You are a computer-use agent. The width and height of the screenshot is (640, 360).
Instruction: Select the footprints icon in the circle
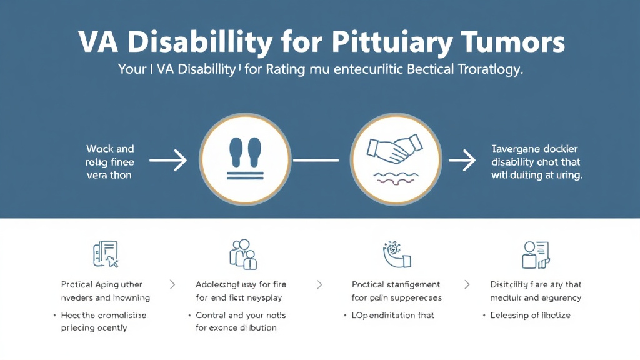(245, 153)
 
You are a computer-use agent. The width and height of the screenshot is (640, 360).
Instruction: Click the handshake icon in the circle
(396, 151)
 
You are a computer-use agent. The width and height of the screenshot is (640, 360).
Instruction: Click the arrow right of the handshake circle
(462, 162)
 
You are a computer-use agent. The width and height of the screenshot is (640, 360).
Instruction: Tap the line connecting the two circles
(316, 162)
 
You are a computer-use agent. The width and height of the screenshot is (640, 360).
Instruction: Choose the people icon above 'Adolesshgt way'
(243, 254)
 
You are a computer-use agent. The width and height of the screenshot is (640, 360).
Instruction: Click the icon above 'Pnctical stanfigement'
(396, 254)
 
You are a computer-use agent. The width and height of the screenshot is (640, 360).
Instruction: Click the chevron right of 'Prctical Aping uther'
(172, 284)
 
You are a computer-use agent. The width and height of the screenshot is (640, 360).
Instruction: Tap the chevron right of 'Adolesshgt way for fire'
(320, 284)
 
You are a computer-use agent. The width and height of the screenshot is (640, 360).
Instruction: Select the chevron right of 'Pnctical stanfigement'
(466, 284)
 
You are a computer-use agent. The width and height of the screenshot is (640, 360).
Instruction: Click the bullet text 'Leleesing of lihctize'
(531, 315)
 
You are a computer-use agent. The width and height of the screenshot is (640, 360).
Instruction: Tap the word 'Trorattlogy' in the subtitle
(488, 70)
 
